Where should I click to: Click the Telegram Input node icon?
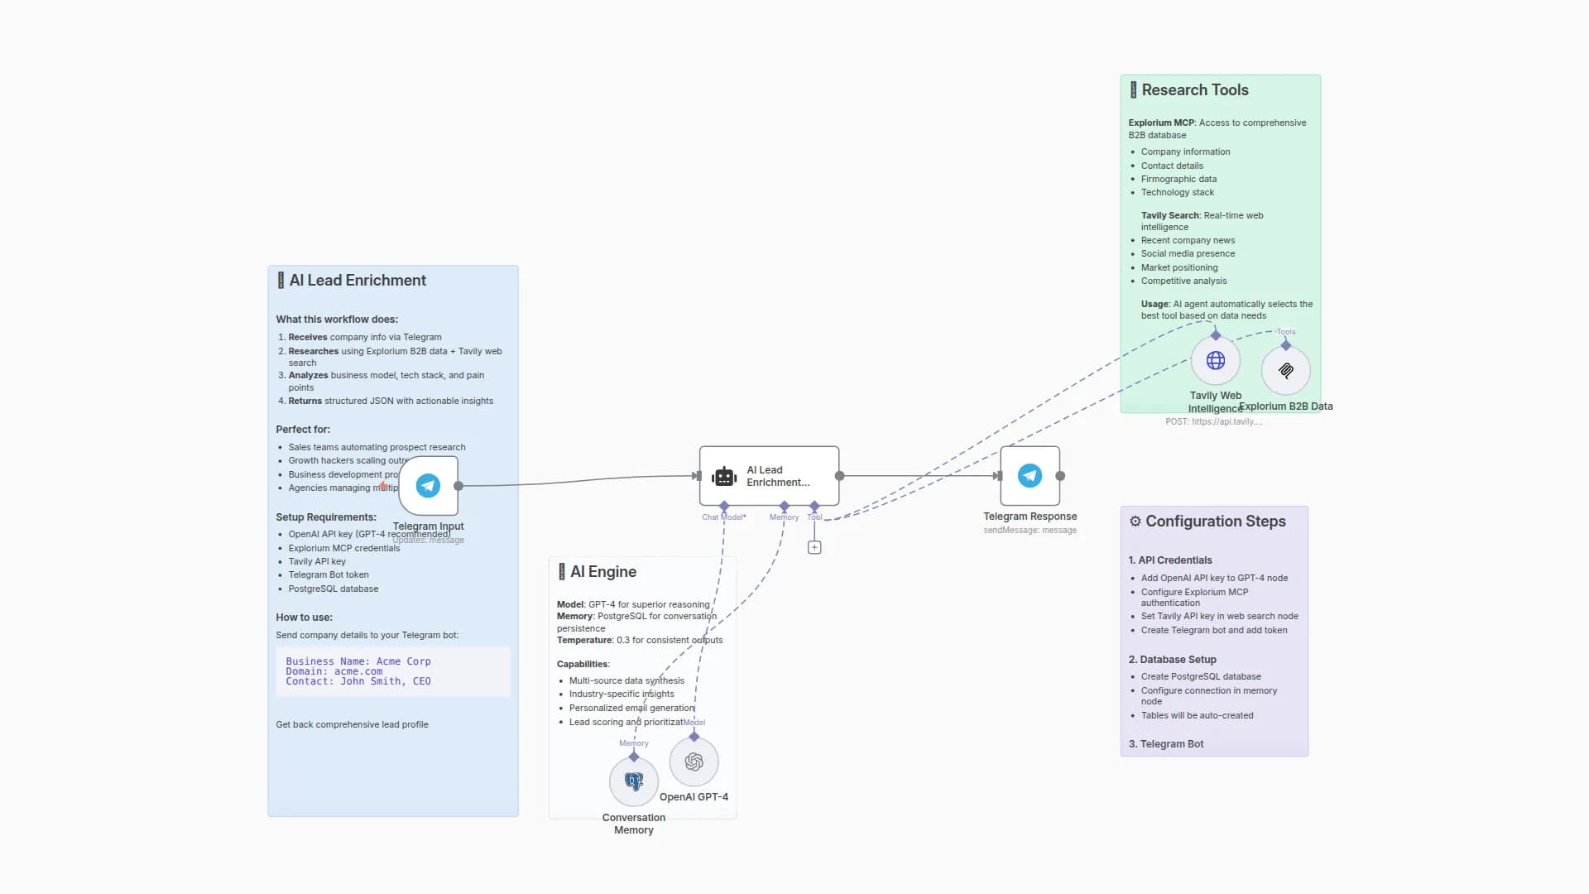pyautogui.click(x=428, y=485)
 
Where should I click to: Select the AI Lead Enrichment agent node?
pyautogui.click(x=768, y=476)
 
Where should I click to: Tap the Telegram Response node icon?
pyautogui.click(x=1030, y=475)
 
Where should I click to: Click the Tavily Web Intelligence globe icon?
pyautogui.click(x=1215, y=360)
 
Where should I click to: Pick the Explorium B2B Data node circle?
pyautogui.click(x=1285, y=370)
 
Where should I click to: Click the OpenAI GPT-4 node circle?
pyautogui.click(x=694, y=762)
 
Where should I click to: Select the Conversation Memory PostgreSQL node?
pyautogui.click(x=634, y=781)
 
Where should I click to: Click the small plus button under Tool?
pyautogui.click(x=814, y=547)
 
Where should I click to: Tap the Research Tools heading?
pyautogui.click(x=1194, y=90)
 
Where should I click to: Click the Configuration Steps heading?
pyautogui.click(x=1215, y=521)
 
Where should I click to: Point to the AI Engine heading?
pyautogui.click(x=602, y=572)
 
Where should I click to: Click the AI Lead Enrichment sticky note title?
pyautogui.click(x=358, y=281)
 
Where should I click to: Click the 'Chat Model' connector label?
pyautogui.click(x=723, y=517)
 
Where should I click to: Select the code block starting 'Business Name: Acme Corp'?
pyautogui.click(x=392, y=671)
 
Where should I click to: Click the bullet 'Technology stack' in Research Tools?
pyautogui.click(x=1177, y=192)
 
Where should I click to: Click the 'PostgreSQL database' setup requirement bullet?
pyautogui.click(x=333, y=589)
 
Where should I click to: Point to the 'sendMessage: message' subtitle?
pyautogui.click(x=1030, y=531)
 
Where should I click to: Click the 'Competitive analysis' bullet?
pyautogui.click(x=1183, y=281)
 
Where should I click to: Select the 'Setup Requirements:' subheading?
pyautogui.click(x=325, y=517)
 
